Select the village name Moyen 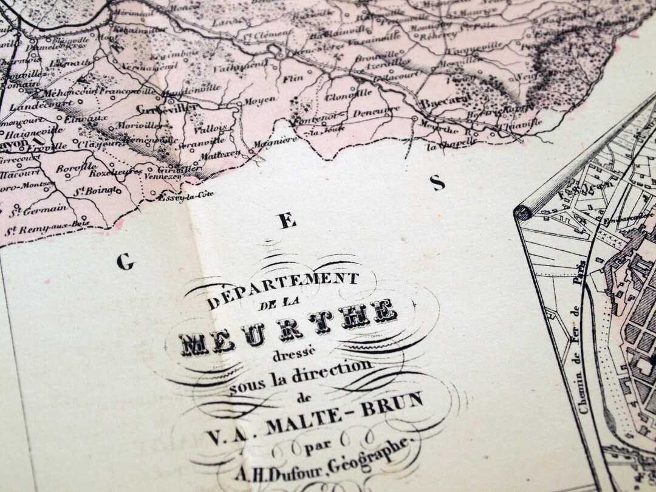point(257,99)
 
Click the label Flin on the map point(290,77)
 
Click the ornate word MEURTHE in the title point(289,331)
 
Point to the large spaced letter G point(124,262)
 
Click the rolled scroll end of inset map point(522,212)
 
